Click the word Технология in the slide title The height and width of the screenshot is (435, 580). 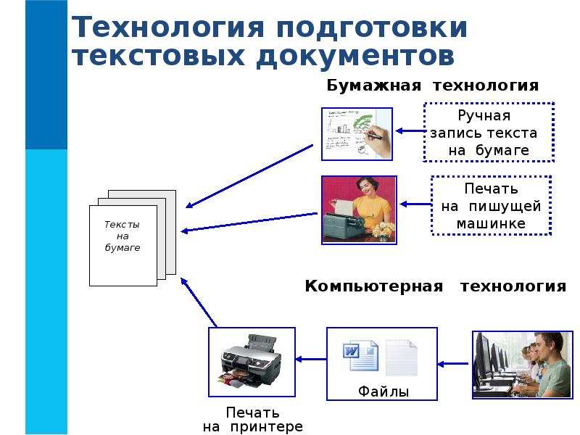coord(167,27)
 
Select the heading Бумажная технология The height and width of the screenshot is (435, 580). coord(432,86)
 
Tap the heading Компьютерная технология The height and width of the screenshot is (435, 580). coord(436,286)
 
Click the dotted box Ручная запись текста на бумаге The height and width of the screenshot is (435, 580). coord(489,132)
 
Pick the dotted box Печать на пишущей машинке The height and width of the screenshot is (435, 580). coord(492,205)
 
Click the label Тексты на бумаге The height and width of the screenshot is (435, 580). coord(123,236)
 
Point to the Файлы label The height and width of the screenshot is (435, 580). coord(384,391)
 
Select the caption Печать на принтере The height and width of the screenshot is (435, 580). coord(252,420)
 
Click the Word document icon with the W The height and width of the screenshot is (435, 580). coord(360,355)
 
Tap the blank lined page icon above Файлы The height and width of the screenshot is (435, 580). coord(402,357)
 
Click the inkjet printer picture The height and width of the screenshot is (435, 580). coord(252,362)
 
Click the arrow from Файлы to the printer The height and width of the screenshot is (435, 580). coord(311,359)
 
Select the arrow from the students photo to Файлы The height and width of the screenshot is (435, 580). coord(452,364)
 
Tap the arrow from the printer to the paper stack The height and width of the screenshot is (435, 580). coord(198,302)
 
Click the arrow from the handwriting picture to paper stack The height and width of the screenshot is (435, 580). coord(249,176)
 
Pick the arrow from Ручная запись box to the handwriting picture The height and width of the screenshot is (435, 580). coord(410,130)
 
